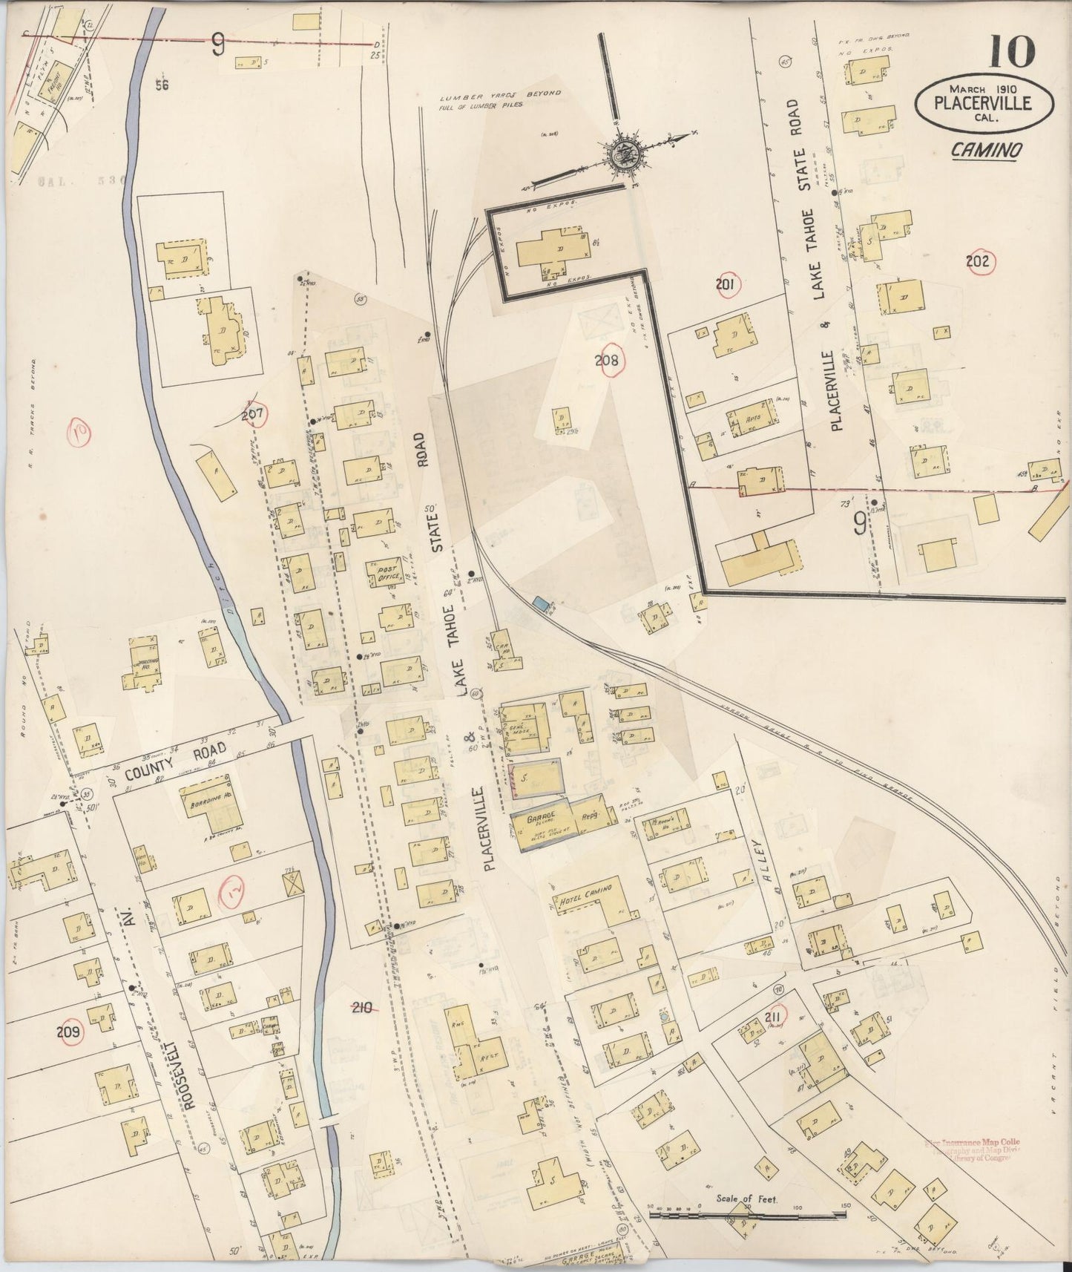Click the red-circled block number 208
pyautogui.click(x=612, y=361)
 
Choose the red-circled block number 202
pyautogui.click(x=979, y=260)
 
